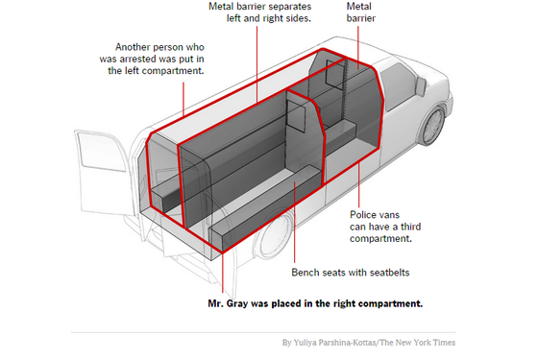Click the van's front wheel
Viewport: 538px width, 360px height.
[434, 125]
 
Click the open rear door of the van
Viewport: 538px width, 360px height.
[103, 172]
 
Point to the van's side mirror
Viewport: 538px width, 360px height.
[421, 86]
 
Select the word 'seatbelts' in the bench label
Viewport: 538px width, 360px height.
[390, 273]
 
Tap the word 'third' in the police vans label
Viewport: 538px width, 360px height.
[411, 227]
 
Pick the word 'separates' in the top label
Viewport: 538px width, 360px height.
[291, 7]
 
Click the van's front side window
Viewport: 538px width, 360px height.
[398, 85]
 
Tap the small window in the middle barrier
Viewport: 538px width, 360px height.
[296, 116]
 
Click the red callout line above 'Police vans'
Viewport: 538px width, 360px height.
[359, 186]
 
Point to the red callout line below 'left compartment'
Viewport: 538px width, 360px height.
[183, 99]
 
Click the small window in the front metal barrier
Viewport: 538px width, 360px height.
[334, 74]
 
